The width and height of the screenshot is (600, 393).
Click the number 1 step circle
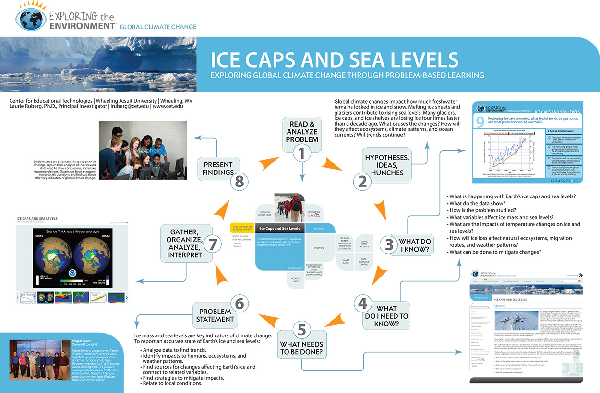[x=302, y=153]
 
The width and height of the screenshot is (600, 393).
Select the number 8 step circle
[x=240, y=181]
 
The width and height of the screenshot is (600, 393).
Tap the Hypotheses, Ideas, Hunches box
[x=386, y=165]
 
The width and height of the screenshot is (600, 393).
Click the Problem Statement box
[x=216, y=315]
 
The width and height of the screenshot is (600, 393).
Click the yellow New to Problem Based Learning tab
[x=242, y=228]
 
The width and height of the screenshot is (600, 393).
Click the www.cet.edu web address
[x=168, y=106]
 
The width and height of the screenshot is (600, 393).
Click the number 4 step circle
[x=363, y=303]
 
